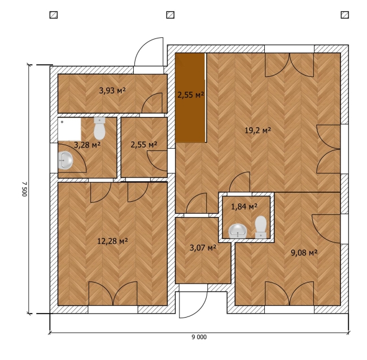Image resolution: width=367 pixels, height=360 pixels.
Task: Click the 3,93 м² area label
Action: [x=112, y=90]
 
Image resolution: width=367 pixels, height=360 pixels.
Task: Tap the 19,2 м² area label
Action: [x=257, y=130]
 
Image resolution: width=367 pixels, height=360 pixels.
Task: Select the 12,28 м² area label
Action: [x=112, y=241]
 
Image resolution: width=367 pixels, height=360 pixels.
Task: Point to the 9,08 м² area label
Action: [x=304, y=253]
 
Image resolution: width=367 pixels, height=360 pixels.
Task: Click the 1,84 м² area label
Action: [x=244, y=207]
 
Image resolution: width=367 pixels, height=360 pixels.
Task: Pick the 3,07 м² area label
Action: [x=203, y=248]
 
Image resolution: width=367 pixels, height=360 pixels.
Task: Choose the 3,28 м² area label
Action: [x=87, y=145]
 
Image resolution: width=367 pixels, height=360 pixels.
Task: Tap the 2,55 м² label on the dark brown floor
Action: [x=190, y=95]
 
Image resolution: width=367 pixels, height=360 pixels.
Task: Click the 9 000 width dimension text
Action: [x=199, y=337]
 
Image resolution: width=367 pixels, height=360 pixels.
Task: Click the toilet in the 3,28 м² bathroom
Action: [x=99, y=128]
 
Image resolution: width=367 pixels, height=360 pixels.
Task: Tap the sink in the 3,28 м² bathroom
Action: [x=65, y=161]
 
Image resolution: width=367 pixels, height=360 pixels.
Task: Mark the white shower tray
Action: [x=69, y=129]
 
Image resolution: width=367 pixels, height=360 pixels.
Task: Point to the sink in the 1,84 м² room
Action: [x=238, y=231]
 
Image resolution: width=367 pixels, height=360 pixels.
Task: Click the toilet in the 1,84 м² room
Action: [x=261, y=227]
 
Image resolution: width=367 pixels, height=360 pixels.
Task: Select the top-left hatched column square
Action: [x=54, y=15]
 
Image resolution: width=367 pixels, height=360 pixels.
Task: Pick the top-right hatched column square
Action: [x=345, y=15]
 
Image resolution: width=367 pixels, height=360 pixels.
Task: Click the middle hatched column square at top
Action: [x=170, y=15]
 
